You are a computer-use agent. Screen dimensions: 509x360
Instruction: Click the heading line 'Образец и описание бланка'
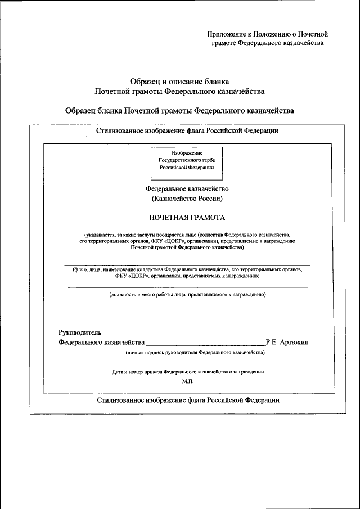click(179, 82)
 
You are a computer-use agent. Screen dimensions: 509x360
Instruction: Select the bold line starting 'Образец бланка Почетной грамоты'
click(179, 110)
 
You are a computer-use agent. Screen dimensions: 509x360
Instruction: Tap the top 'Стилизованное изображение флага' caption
click(187, 131)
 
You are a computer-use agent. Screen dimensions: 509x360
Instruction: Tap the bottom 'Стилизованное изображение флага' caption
click(187, 400)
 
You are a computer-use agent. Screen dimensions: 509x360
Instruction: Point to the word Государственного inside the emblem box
click(187, 160)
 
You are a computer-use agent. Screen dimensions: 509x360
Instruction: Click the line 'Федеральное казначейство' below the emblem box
click(187, 189)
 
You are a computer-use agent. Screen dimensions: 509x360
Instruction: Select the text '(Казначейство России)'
click(187, 199)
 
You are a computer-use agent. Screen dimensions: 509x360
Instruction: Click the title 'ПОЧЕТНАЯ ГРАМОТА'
click(187, 218)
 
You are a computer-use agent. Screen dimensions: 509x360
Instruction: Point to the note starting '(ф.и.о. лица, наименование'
click(187, 273)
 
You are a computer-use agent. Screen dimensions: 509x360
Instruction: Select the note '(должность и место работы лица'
click(187, 294)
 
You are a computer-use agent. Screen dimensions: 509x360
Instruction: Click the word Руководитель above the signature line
click(80, 332)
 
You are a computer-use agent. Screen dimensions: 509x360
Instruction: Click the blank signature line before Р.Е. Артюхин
click(205, 343)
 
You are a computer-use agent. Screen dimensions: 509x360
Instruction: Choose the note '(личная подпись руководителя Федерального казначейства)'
click(195, 353)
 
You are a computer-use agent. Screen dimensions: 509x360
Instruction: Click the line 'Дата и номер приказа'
click(187, 372)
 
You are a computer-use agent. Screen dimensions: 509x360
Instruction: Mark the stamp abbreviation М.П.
click(187, 381)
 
